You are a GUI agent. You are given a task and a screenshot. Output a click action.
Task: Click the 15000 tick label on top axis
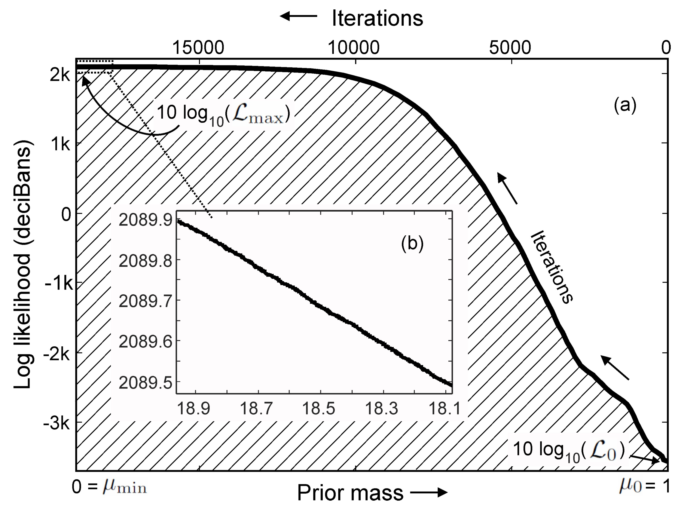tap(198, 48)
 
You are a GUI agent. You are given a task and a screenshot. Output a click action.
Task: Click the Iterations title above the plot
tap(377, 18)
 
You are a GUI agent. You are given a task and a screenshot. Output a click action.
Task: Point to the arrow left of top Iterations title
tap(298, 16)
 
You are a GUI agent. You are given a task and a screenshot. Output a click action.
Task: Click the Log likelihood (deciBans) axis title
tap(23, 264)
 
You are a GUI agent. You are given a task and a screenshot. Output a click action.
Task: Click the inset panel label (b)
tap(412, 244)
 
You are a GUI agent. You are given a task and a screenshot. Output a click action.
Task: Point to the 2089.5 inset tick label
tap(145, 383)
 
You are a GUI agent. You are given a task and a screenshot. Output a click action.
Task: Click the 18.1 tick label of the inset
tap(444, 408)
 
